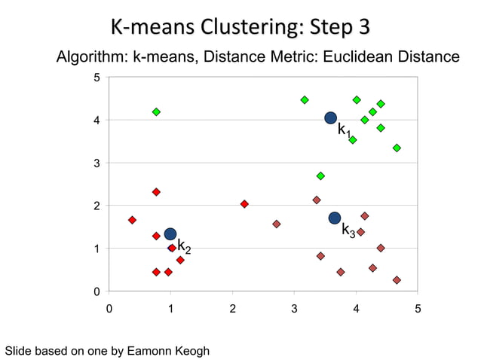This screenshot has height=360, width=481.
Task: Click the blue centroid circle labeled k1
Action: click(330, 117)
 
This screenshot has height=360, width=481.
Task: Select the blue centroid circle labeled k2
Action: click(170, 234)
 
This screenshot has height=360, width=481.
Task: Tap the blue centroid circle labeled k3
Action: click(335, 218)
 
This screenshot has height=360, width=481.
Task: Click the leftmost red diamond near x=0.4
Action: click(132, 220)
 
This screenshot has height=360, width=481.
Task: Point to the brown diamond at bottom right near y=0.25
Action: click(397, 280)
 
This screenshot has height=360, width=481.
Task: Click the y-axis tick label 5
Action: click(96, 78)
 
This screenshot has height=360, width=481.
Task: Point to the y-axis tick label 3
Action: click(96, 163)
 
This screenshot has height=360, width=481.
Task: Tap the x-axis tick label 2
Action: click(232, 309)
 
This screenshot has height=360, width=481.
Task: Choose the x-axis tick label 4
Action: click(356, 309)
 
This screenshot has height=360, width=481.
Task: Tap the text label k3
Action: click(348, 230)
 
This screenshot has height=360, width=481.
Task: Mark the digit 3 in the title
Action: click(363, 28)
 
